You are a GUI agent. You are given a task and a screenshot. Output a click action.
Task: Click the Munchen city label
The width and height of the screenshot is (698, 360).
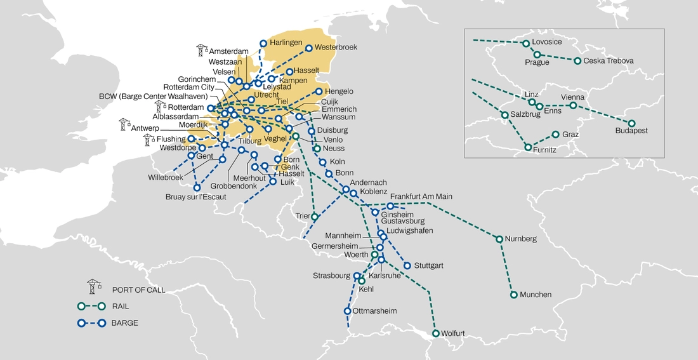tap(536, 295)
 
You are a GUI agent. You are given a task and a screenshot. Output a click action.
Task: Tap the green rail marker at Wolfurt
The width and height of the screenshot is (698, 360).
tap(436, 333)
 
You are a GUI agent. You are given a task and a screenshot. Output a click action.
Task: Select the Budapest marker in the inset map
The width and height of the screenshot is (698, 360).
tap(631, 123)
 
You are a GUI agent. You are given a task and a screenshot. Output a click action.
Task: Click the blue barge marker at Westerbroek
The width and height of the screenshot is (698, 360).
tap(309, 48)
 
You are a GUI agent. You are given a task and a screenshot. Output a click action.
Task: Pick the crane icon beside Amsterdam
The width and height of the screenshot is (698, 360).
tap(202, 50)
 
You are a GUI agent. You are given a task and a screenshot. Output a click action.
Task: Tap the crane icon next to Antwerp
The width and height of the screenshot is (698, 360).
tap(124, 124)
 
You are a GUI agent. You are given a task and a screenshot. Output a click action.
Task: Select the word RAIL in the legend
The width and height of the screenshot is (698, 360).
tap(120, 306)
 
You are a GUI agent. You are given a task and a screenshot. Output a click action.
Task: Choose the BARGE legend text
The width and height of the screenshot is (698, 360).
tap(124, 323)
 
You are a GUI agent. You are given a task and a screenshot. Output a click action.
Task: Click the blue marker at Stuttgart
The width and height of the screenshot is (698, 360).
tap(407, 265)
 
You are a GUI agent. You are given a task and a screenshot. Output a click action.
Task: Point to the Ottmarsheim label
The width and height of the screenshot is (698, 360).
tap(376, 311)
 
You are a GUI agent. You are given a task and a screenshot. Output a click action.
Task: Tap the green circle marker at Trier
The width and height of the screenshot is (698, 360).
tap(315, 217)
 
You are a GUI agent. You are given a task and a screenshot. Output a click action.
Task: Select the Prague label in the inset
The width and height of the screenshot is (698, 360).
tap(537, 62)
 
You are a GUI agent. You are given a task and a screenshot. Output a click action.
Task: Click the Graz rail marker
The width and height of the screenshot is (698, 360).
tap(556, 135)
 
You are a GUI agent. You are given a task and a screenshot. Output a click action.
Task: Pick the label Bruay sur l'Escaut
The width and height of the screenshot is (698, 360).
tap(197, 197)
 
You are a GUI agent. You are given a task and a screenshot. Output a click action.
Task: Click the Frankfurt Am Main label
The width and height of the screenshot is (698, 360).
tap(421, 197)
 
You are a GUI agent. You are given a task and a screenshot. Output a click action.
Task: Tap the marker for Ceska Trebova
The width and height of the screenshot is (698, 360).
tap(577, 61)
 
